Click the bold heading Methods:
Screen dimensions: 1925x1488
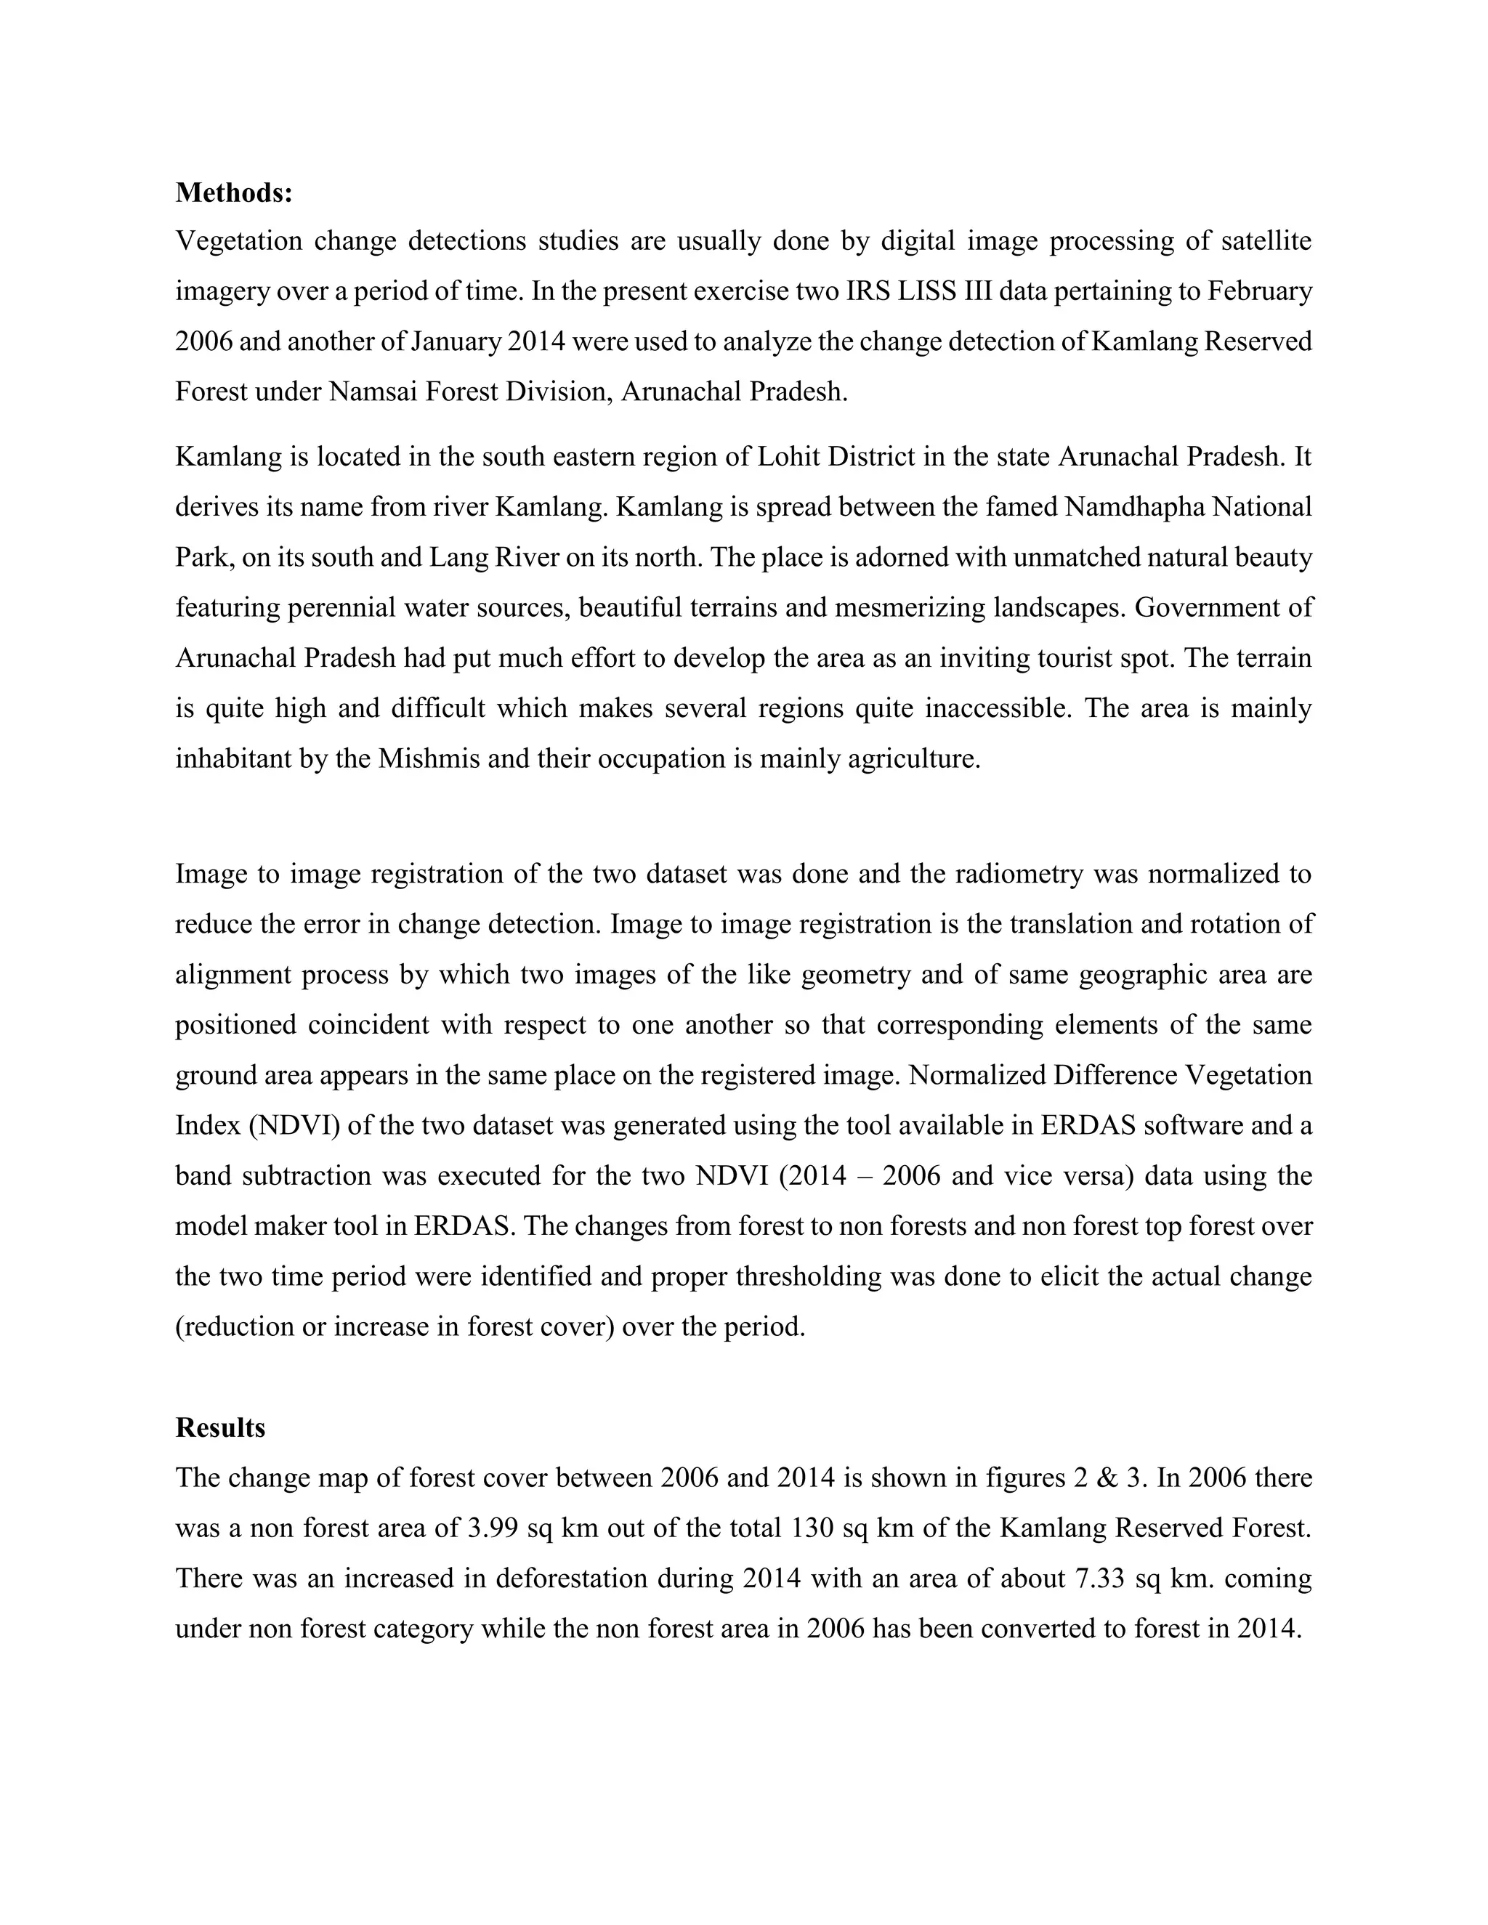coord(234,192)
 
